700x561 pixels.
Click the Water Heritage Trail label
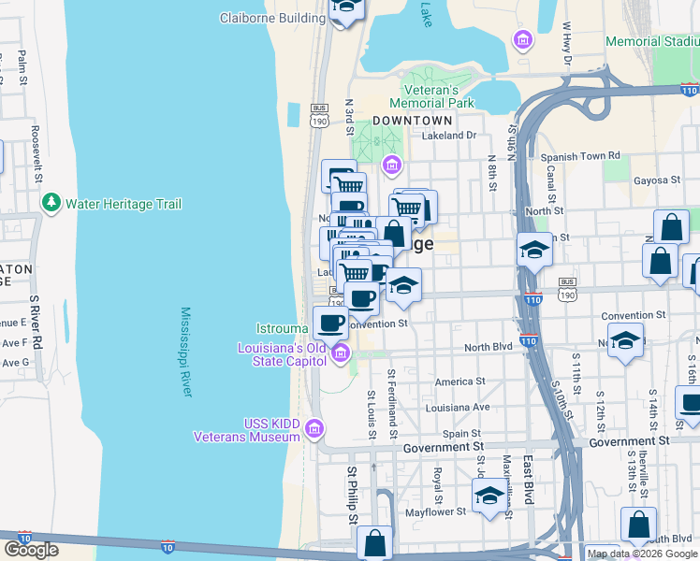[x=124, y=204]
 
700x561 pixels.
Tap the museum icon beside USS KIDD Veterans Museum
[x=315, y=430]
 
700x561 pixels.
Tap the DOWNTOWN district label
[x=412, y=121]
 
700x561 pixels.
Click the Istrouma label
[x=284, y=329]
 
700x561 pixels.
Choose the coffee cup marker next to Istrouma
[x=330, y=323]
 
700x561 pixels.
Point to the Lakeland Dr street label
[x=449, y=136]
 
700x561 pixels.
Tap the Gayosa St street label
[x=655, y=180]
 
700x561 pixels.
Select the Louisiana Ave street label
[x=458, y=408]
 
